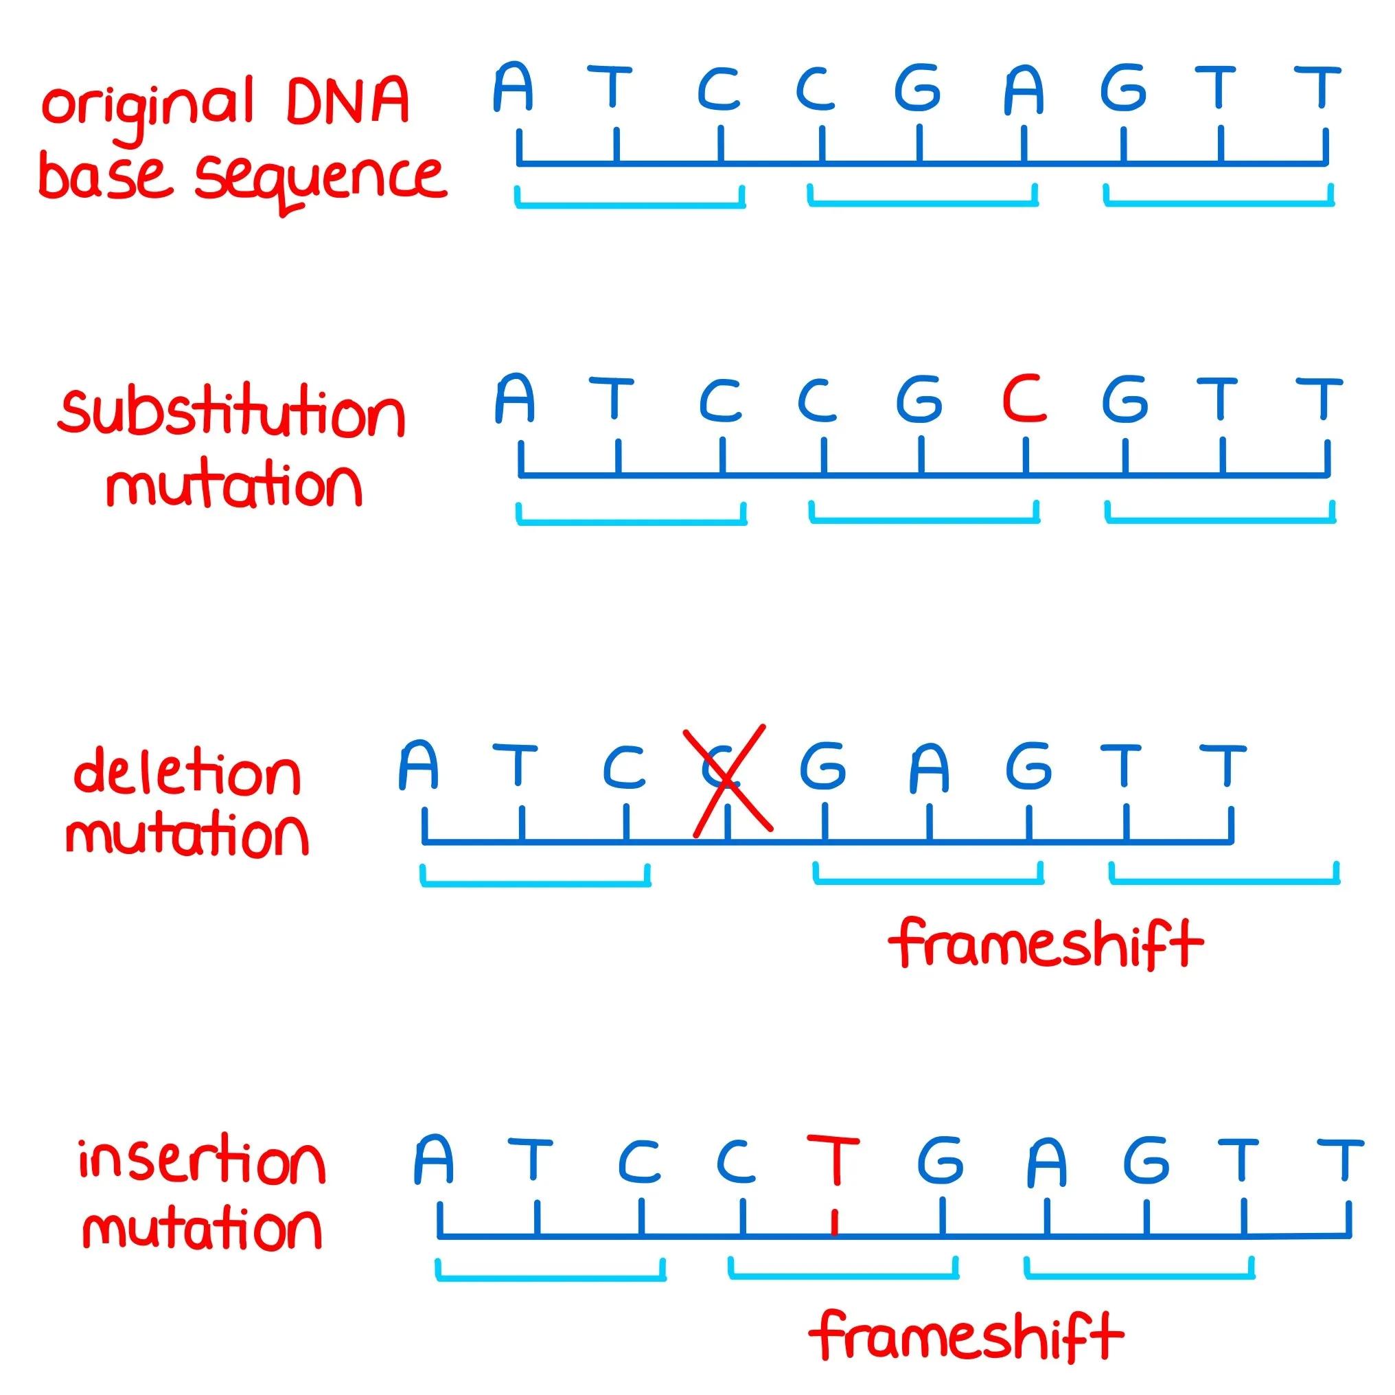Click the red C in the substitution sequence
click(1024, 399)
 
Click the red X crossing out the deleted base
click(730, 781)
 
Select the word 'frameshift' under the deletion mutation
click(1046, 943)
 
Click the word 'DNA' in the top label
click(348, 102)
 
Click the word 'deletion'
click(187, 774)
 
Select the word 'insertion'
click(202, 1162)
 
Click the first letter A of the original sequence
click(514, 88)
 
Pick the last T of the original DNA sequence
click(1317, 88)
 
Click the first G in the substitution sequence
click(919, 399)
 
